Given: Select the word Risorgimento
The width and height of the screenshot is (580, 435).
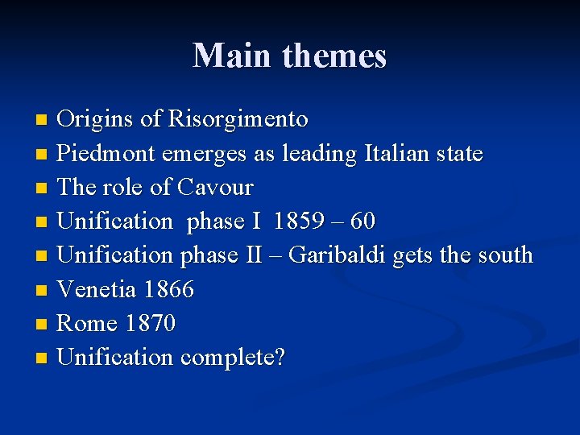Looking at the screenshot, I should pos(238,120).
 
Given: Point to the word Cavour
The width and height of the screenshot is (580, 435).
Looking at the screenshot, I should pos(215,188).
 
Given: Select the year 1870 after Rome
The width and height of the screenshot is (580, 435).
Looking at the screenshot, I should pos(151,323).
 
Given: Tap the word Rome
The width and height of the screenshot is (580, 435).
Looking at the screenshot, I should pos(89,323).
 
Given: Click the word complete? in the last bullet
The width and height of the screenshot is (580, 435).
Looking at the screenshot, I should pos(233,358).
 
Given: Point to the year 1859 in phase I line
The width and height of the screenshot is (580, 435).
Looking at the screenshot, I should pos(300,222).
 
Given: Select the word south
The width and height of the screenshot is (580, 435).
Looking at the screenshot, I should pos(503,255).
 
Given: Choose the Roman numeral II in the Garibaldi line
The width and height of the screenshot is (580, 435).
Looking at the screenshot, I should pos(251,255).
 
